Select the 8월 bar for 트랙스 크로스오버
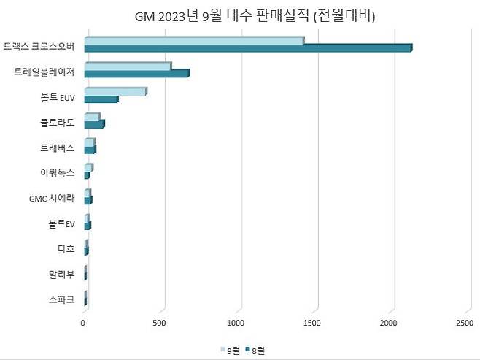pyautogui.click(x=248, y=48)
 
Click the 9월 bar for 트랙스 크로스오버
pyautogui.click(x=193, y=41)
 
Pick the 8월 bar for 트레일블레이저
pyautogui.click(x=136, y=73)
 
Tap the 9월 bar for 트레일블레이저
pyautogui.click(x=127, y=66)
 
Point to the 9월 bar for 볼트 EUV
pyautogui.click(x=115, y=91)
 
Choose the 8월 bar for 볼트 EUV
pyautogui.click(x=101, y=99)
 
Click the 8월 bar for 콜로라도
pyautogui.click(x=94, y=124)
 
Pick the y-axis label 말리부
pyautogui.click(x=61, y=274)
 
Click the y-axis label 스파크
pyautogui.click(x=61, y=299)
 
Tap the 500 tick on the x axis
pyautogui.click(x=160, y=322)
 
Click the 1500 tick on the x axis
pyautogui.click(x=312, y=322)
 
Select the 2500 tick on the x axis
pyautogui.click(x=464, y=322)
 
